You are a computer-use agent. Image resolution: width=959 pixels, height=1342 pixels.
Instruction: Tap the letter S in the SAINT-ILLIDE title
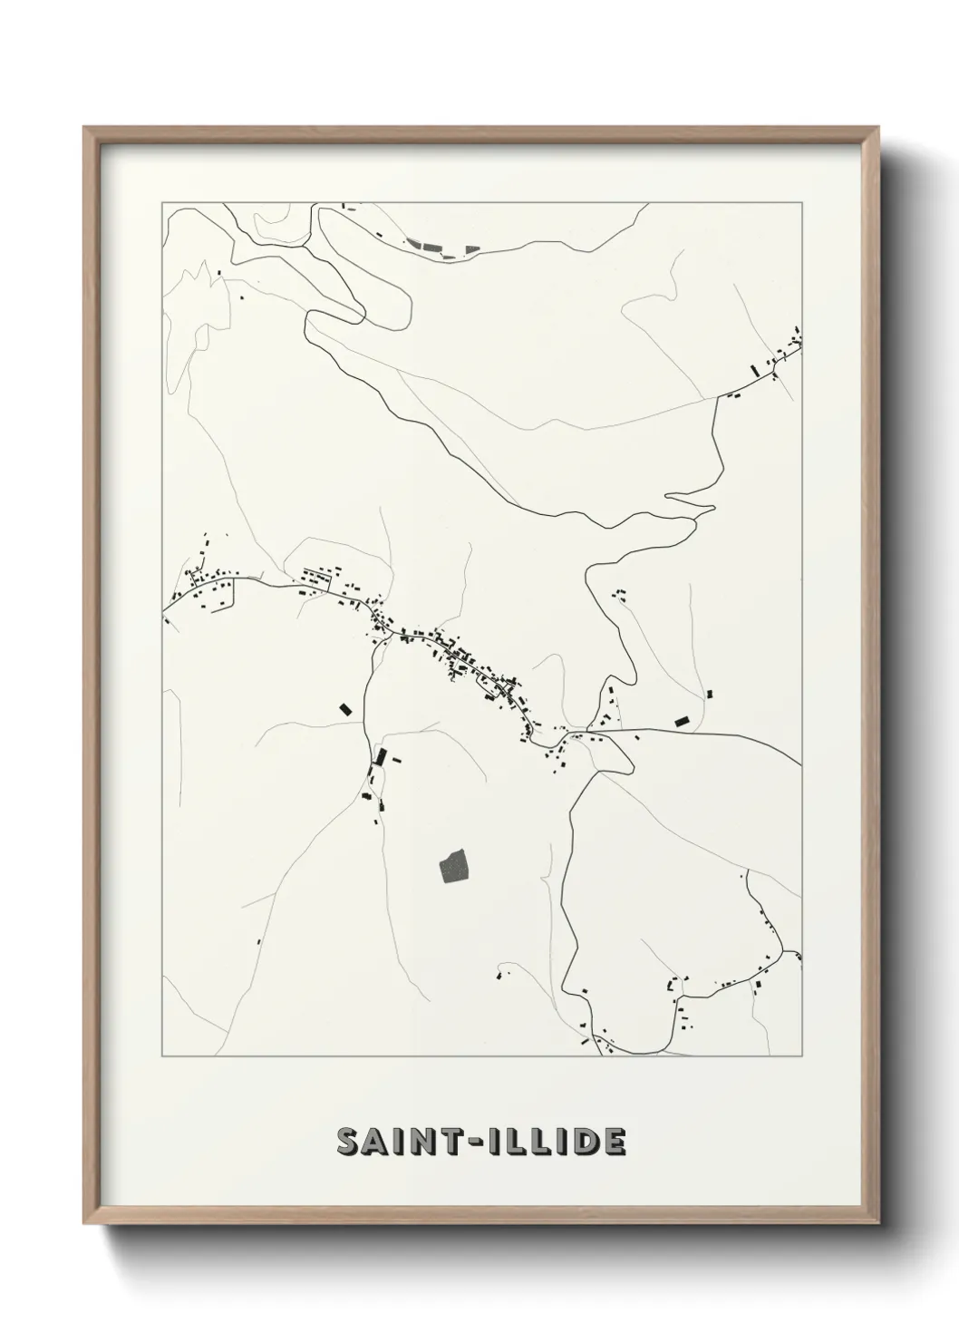tap(348, 1143)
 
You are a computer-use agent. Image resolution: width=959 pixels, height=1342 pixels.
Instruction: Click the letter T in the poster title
tap(451, 1143)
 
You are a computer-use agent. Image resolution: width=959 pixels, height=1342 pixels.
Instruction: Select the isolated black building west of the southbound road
tap(344, 709)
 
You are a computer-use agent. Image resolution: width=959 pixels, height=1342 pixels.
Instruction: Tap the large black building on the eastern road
tap(683, 722)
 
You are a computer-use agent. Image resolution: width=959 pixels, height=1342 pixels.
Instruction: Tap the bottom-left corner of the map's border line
tap(162, 1057)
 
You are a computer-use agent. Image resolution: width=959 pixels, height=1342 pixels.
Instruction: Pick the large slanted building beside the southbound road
tap(380, 757)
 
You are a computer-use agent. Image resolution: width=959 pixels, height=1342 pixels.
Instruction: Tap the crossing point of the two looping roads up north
tap(363, 317)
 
